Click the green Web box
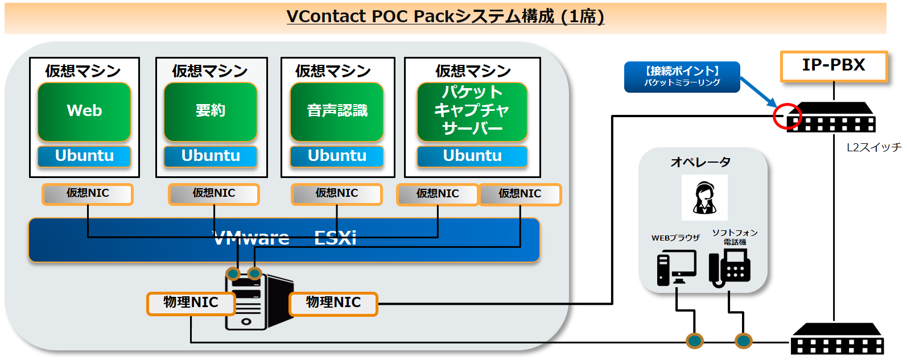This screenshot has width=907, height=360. point(84,111)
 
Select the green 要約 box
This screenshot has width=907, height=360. point(211,111)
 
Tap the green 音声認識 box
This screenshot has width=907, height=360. point(337,111)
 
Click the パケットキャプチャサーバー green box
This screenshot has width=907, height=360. point(472,111)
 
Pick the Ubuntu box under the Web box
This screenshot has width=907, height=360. point(84,156)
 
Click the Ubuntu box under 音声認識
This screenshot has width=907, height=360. point(337,156)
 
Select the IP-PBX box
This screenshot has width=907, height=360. point(834,66)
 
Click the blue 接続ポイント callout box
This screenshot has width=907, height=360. point(682,77)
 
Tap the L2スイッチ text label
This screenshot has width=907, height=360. point(874,147)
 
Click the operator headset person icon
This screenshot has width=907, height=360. point(704,198)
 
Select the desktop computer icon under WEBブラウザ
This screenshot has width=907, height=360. point(676,268)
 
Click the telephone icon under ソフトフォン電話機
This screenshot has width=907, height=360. point(729,268)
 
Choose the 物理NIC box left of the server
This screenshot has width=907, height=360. point(191,304)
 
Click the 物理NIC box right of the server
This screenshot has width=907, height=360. point(333,304)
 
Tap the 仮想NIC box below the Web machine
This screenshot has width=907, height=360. point(88,194)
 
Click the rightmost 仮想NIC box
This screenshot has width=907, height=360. point(520,195)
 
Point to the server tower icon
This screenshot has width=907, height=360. point(259,300)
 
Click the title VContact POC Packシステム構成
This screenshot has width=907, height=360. point(446,17)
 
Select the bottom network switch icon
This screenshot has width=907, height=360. point(838,339)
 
